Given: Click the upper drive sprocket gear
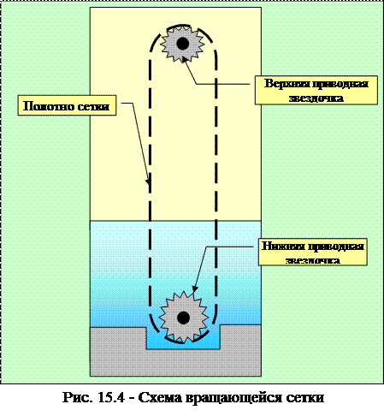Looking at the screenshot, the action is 182,44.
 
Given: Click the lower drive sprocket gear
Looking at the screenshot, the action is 183,318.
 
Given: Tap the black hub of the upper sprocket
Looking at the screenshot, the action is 182,44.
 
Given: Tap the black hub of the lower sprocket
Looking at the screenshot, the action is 183,318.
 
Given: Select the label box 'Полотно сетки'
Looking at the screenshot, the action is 67,105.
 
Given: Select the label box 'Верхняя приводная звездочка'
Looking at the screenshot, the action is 316,90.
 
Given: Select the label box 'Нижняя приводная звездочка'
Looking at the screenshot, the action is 313,253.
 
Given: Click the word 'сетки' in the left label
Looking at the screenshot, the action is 93,106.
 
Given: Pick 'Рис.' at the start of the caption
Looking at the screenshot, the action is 78,398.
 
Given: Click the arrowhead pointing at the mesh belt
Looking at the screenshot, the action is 148,181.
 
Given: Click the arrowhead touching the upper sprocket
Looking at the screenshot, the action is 185,59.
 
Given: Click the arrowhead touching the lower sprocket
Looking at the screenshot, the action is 194,288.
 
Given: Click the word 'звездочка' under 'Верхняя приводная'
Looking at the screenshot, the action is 316,98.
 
